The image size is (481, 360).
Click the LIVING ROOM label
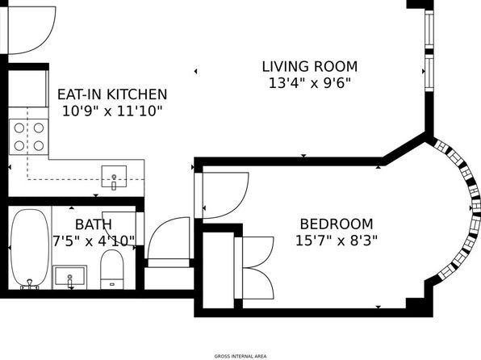pos(310,67)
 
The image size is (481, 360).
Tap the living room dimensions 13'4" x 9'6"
pos(310,83)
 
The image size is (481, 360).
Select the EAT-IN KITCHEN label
pos(112,94)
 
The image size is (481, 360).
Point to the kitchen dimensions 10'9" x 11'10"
pos(112,111)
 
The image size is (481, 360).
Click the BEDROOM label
pos(337,224)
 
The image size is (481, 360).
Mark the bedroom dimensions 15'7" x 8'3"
pos(337,241)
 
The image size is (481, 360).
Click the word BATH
pos(94,224)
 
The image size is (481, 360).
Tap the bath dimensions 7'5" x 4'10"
pos(94,241)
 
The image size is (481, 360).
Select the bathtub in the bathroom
pos(30,249)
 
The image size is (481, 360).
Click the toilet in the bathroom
pos(112,269)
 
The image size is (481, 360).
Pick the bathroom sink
pos(70,277)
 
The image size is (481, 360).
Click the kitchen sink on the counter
pos(114,176)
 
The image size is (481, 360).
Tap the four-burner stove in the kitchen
pos(29,136)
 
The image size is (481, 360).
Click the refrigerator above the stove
pos(28,89)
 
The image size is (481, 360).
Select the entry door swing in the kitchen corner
pos(31,30)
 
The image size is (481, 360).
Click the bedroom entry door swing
pos(225,195)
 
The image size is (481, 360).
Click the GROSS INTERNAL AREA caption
pos(240,356)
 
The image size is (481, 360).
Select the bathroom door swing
pos(119,228)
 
